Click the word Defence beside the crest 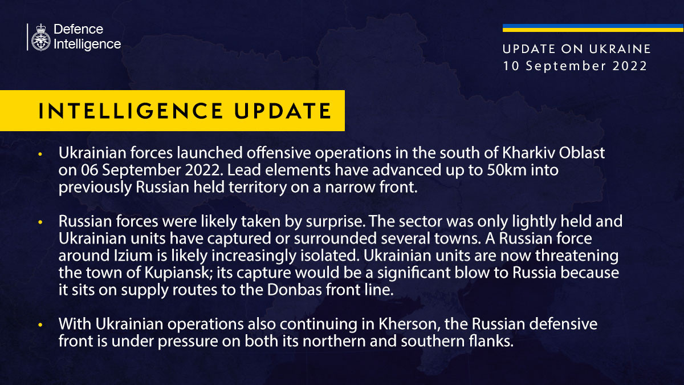pyautogui.click(x=78, y=29)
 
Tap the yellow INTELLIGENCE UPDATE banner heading pyautogui.click(x=185, y=111)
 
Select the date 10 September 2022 pyautogui.click(x=575, y=66)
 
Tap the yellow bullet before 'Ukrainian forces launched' pyautogui.click(x=40, y=155)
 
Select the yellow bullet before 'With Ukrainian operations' pyautogui.click(x=40, y=325)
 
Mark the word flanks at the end pyautogui.click(x=490, y=342)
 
